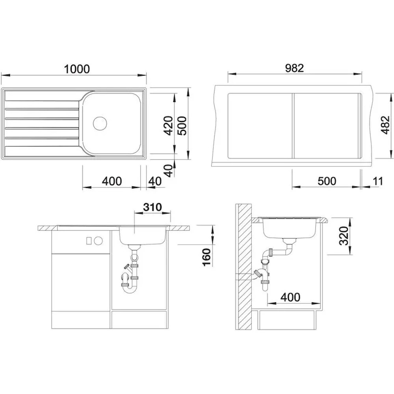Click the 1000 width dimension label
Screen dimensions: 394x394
pyautogui.click(x=77, y=69)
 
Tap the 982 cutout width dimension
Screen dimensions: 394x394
pyautogui.click(x=294, y=68)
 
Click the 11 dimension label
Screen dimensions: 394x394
pyautogui.click(x=378, y=181)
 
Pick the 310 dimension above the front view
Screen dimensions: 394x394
pyautogui.click(x=152, y=207)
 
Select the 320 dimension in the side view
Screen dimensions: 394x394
pyautogui.click(x=344, y=236)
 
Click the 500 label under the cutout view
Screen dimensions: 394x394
pyautogui.click(x=327, y=181)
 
